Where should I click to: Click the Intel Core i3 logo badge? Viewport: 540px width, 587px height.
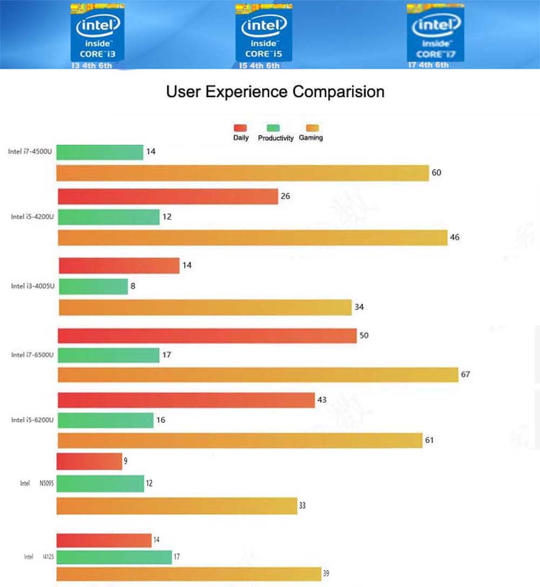pos(98,33)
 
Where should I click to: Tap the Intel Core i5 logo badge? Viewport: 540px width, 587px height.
pos(263,33)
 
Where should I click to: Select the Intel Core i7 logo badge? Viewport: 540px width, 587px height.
pos(435,33)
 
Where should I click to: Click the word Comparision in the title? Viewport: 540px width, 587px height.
pos(339,92)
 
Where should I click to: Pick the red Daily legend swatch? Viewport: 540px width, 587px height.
pos(240,128)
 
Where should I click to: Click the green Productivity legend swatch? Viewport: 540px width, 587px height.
pos(274,128)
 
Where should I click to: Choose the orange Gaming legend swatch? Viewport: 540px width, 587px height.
pos(312,128)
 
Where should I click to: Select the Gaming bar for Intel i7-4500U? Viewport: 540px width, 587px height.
pos(242,173)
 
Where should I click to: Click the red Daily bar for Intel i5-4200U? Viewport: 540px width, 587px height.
pos(167,197)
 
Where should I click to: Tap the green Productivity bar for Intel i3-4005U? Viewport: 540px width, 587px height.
pos(93,287)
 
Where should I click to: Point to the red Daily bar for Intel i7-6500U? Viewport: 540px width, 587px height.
pos(207,336)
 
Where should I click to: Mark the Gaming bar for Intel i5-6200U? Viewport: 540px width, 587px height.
pos(240,440)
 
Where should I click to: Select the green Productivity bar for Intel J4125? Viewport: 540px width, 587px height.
pos(114,557)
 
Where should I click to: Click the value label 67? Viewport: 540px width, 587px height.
pos(465,375)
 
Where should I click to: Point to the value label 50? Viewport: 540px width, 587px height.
pos(364,336)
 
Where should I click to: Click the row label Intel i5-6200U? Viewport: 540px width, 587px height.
pos(32,420)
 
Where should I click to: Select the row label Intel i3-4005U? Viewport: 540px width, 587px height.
pos(32,286)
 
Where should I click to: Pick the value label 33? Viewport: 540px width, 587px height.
pos(302,506)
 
